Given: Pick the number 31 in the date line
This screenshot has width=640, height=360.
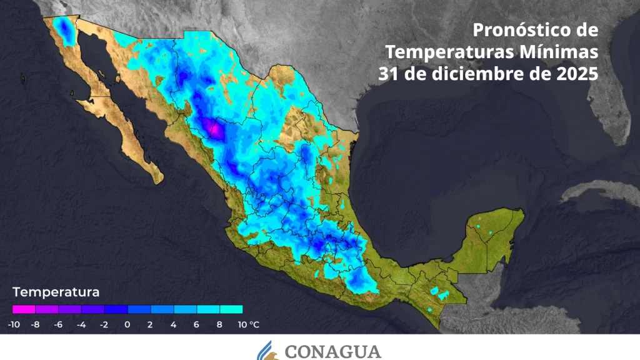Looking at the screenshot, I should click(389, 73).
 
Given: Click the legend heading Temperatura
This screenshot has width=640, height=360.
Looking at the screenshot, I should click(56, 292).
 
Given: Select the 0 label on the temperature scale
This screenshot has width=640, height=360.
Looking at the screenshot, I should click(127, 324).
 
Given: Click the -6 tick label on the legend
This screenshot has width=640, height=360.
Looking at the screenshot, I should click(59, 324).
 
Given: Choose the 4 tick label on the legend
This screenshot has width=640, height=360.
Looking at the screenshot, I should click(173, 324).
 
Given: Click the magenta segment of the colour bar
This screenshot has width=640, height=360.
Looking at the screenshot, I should click(24, 309).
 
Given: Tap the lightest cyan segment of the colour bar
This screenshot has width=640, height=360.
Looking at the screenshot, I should click(231, 309).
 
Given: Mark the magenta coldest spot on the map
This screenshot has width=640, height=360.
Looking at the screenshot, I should click(213, 129).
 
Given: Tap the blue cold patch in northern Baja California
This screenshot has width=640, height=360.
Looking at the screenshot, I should click(64, 29).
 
